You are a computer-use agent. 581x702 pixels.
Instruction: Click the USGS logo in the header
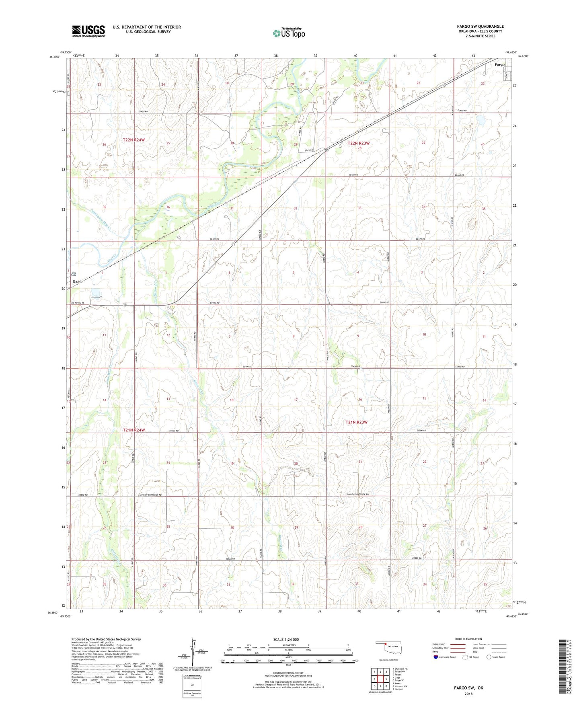(x=88, y=31)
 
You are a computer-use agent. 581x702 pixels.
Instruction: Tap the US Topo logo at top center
(x=289, y=33)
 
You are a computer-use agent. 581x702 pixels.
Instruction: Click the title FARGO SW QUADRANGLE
(x=480, y=27)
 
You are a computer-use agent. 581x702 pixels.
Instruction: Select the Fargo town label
(x=499, y=65)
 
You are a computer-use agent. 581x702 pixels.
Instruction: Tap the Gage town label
(x=77, y=281)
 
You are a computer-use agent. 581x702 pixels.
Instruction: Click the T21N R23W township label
(x=357, y=422)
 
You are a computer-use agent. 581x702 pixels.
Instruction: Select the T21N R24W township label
(x=133, y=430)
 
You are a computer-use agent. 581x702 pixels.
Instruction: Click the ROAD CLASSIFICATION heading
(x=468, y=639)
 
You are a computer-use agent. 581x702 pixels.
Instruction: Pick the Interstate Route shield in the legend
(x=436, y=657)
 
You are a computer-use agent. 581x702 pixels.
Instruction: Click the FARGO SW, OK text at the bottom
(x=468, y=688)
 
